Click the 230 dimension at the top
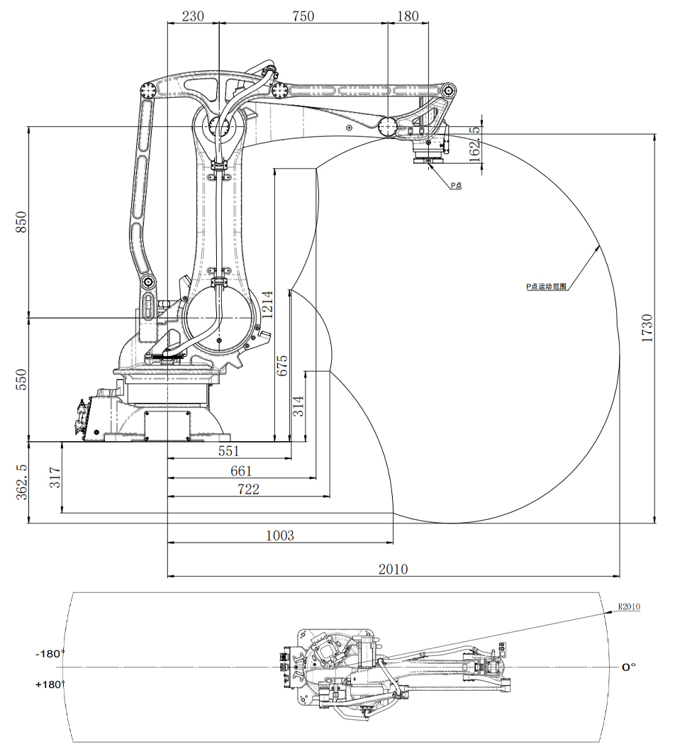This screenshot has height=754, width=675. pyautogui.click(x=193, y=16)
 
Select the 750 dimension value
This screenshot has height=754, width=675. pyautogui.click(x=303, y=16)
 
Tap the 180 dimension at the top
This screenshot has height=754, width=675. pyautogui.click(x=408, y=16)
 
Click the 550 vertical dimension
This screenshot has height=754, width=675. pyautogui.click(x=21, y=379)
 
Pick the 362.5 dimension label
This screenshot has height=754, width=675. pyautogui.click(x=21, y=483)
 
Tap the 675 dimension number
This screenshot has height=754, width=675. pyautogui.click(x=281, y=366)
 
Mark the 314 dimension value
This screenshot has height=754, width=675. pyautogui.click(x=299, y=406)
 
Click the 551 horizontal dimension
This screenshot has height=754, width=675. pyautogui.click(x=228, y=451)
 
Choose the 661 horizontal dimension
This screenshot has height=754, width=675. pyautogui.click(x=241, y=470)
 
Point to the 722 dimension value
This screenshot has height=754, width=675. pyautogui.click(x=248, y=489)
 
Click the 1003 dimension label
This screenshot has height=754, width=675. pyautogui.click(x=279, y=536)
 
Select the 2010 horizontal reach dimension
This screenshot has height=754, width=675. pyautogui.click(x=394, y=569)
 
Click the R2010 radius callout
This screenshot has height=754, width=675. pyautogui.click(x=629, y=606)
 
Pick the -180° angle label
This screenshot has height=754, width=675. pyautogui.click(x=50, y=653)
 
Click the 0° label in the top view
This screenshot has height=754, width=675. pyautogui.click(x=628, y=667)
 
